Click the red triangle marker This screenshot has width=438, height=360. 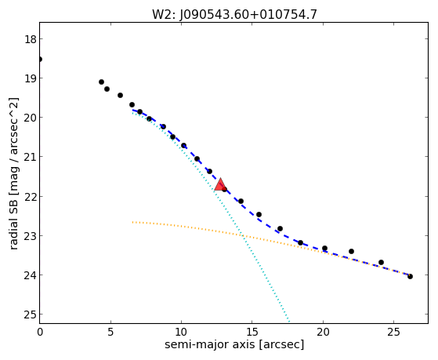coord(220,184)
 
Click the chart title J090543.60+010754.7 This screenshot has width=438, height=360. coord(248,15)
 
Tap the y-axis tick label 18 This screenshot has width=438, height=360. coord(31,39)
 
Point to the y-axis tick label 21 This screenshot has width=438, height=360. coord(31,157)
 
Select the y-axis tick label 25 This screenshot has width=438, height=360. coord(31,315)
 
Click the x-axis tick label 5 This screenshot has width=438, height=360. coord(110,332)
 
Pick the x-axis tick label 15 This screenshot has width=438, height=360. coord(252,332)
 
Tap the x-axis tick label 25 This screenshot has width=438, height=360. coord(393,332)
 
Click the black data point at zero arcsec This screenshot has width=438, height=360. coord(40,59)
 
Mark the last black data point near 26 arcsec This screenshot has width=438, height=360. coord(410,276)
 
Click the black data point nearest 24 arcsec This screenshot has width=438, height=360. coord(381,263)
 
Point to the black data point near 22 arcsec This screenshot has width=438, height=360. coord(351,252)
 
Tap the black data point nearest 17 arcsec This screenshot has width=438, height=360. coord(280,228)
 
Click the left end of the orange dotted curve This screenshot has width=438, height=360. coord(132,222)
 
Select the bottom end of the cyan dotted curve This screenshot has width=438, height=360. coord(289,322)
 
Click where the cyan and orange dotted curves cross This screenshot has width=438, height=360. coord(241,235)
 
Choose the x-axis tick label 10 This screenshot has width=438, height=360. coord(181,332)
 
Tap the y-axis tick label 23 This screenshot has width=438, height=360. coord(31,235)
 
